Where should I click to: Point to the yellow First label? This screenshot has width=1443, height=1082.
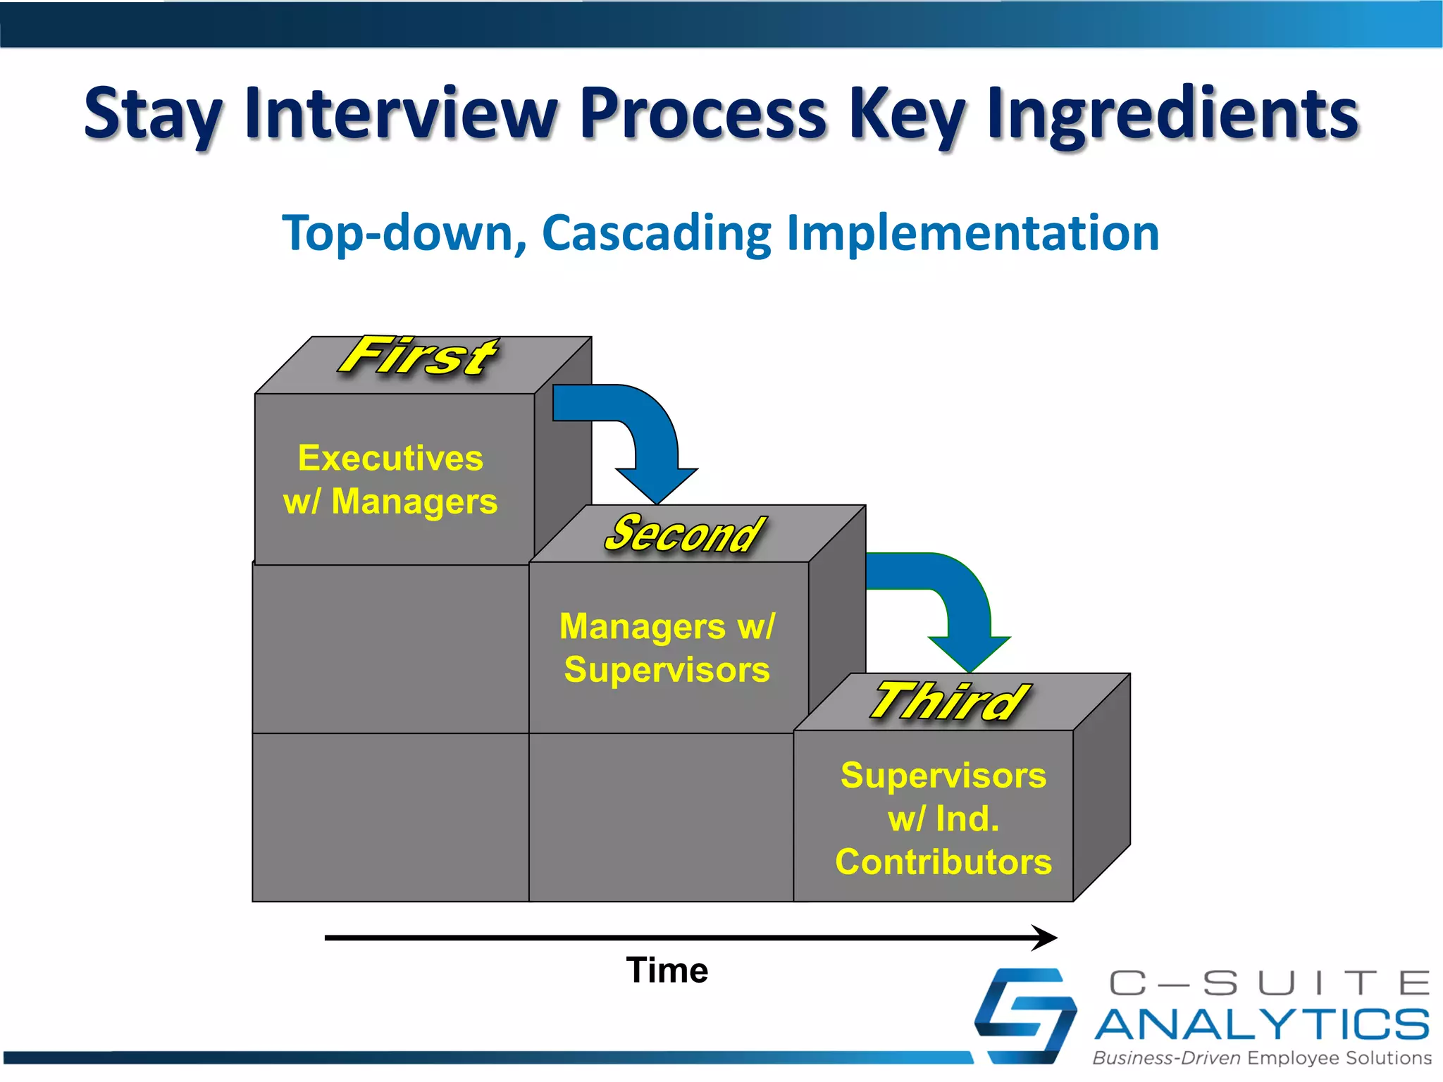click(419, 356)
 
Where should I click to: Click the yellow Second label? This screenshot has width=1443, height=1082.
click(684, 533)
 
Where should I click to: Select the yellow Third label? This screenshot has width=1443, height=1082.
click(949, 702)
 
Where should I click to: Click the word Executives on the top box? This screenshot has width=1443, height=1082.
click(390, 459)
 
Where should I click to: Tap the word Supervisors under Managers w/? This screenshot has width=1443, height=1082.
click(667, 669)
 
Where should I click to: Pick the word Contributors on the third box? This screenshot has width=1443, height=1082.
click(943, 862)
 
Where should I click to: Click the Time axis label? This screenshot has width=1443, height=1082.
click(667, 970)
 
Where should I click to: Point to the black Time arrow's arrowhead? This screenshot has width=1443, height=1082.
click(1046, 938)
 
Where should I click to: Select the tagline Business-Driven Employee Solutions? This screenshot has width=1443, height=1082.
click(1261, 1058)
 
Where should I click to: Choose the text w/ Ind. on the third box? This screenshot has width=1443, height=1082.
click(943, 819)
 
